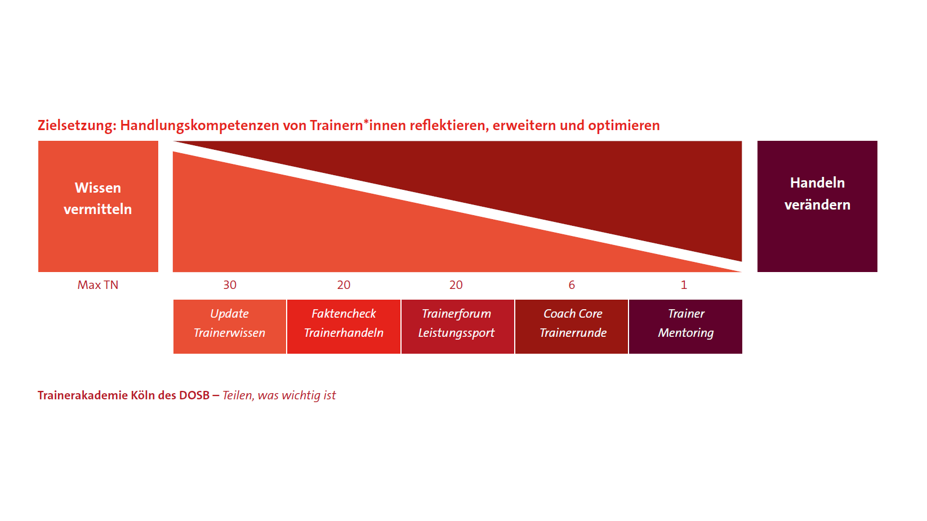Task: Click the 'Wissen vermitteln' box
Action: point(98,206)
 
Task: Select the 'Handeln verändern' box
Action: point(817,206)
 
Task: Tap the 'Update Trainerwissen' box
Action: point(229,327)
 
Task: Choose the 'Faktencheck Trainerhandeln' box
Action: point(344,327)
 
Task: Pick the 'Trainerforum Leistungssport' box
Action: point(457,327)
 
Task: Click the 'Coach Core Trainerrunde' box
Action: point(572,327)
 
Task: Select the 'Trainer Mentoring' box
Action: point(685,327)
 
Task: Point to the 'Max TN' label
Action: point(98,285)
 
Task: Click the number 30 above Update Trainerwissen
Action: point(230,285)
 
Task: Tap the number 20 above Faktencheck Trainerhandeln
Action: point(344,285)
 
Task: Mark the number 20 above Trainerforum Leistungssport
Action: point(456,285)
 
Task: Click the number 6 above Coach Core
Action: point(572,285)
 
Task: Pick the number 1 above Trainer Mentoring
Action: point(684,285)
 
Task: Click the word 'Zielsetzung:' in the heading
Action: point(77,126)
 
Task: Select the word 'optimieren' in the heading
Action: point(623,126)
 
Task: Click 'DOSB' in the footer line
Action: point(194,395)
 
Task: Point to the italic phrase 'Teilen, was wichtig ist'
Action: point(279,395)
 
